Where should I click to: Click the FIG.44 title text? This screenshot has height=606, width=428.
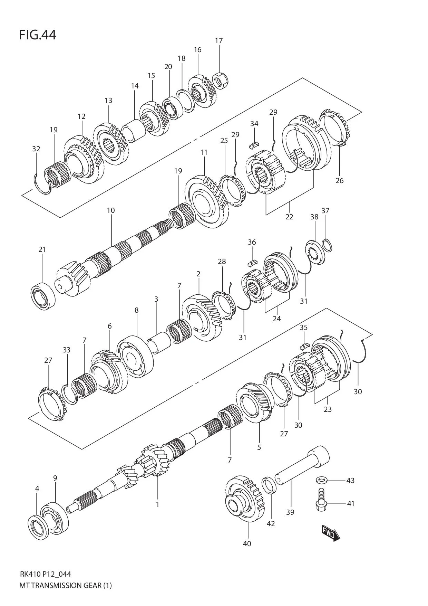pos(37,35)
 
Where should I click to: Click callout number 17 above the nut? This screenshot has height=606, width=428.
pos(219,41)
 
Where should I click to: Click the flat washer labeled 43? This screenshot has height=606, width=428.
pos(322,480)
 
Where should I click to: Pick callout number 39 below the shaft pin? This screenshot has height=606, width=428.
pos(290,512)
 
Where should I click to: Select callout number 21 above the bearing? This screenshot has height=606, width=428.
pos(42,249)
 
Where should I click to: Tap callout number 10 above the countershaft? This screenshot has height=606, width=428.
pos(111,210)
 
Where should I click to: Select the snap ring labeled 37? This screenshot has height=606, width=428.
pos(327,245)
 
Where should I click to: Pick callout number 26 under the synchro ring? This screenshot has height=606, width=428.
pos(339,180)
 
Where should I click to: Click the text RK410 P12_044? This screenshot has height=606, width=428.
pos(45,574)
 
